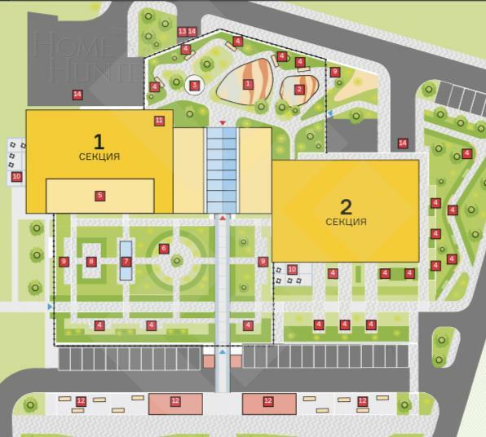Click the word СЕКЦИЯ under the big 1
(99, 157)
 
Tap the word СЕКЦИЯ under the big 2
(346, 222)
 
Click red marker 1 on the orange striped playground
(248, 83)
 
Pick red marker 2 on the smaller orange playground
(299, 89)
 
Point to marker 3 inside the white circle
(194, 84)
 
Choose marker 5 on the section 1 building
(99, 196)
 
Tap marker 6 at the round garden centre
(164, 249)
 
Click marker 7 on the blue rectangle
(126, 262)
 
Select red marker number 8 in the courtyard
(91, 262)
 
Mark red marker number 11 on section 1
(159, 121)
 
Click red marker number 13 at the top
(182, 31)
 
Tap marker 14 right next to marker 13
(192, 31)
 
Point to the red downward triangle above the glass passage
(223, 123)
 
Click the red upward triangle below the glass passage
(223, 218)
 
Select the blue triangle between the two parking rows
(223, 352)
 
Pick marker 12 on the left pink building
(175, 401)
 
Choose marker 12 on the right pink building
(267, 401)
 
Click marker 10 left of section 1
(16, 176)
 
